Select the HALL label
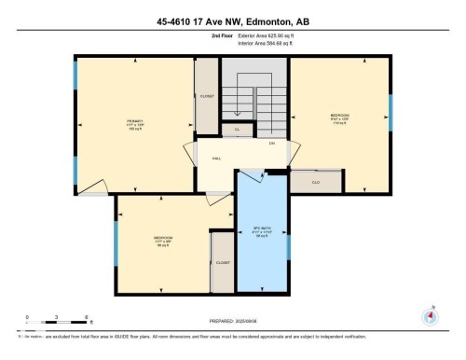pos(216,158)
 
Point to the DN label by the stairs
pos(272,144)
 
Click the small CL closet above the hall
pos(238,130)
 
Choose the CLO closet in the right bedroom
pos(316,182)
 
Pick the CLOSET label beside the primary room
pos(207,96)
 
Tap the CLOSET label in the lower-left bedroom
pos(223,263)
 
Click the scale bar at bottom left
pos(56,322)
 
